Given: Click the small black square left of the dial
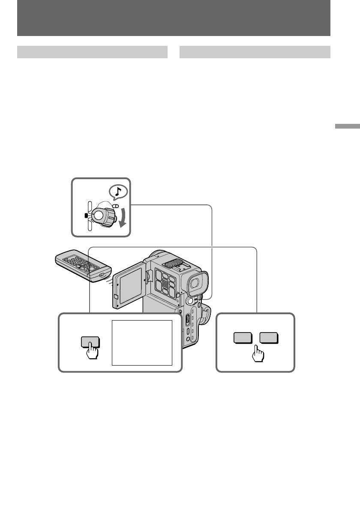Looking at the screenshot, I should click(87, 215).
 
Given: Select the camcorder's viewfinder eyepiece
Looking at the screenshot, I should click(195, 283).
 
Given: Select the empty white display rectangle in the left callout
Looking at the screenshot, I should click(142, 342).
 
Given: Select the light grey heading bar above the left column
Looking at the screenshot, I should click(92, 52).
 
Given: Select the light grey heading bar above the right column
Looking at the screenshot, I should click(255, 52).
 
